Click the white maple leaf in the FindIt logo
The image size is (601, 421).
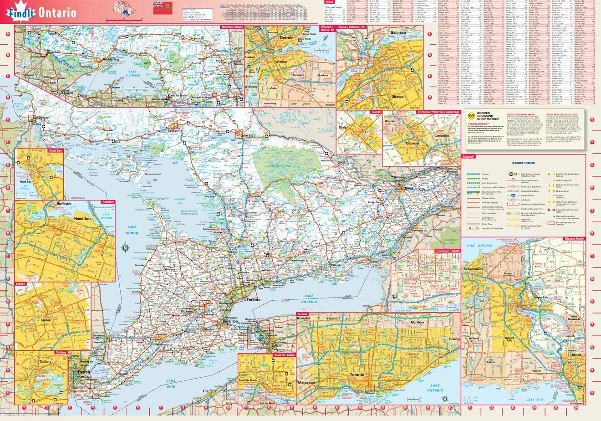click(x=14, y=13)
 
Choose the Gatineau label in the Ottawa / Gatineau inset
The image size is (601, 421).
click(x=398, y=33)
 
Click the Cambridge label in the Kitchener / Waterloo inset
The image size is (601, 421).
click(x=441, y=136)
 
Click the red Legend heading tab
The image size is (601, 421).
click(x=469, y=157)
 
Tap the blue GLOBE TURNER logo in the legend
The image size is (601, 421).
click(x=524, y=163)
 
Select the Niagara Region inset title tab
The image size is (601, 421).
click(x=573, y=239)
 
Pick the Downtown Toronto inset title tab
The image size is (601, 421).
click(x=447, y=251)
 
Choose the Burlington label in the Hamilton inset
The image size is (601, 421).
click(x=62, y=204)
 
